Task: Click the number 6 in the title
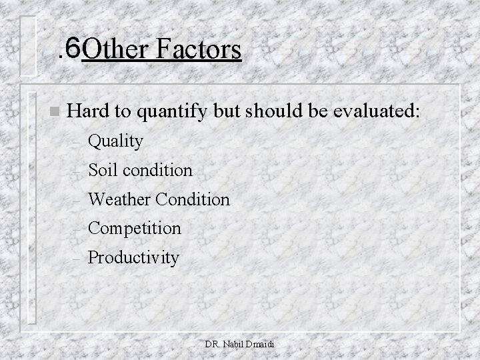[73, 49]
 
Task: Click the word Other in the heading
[116, 50]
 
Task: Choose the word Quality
[115, 141]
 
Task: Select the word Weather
[121, 199]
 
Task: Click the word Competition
[134, 229]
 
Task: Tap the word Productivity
[133, 258]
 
